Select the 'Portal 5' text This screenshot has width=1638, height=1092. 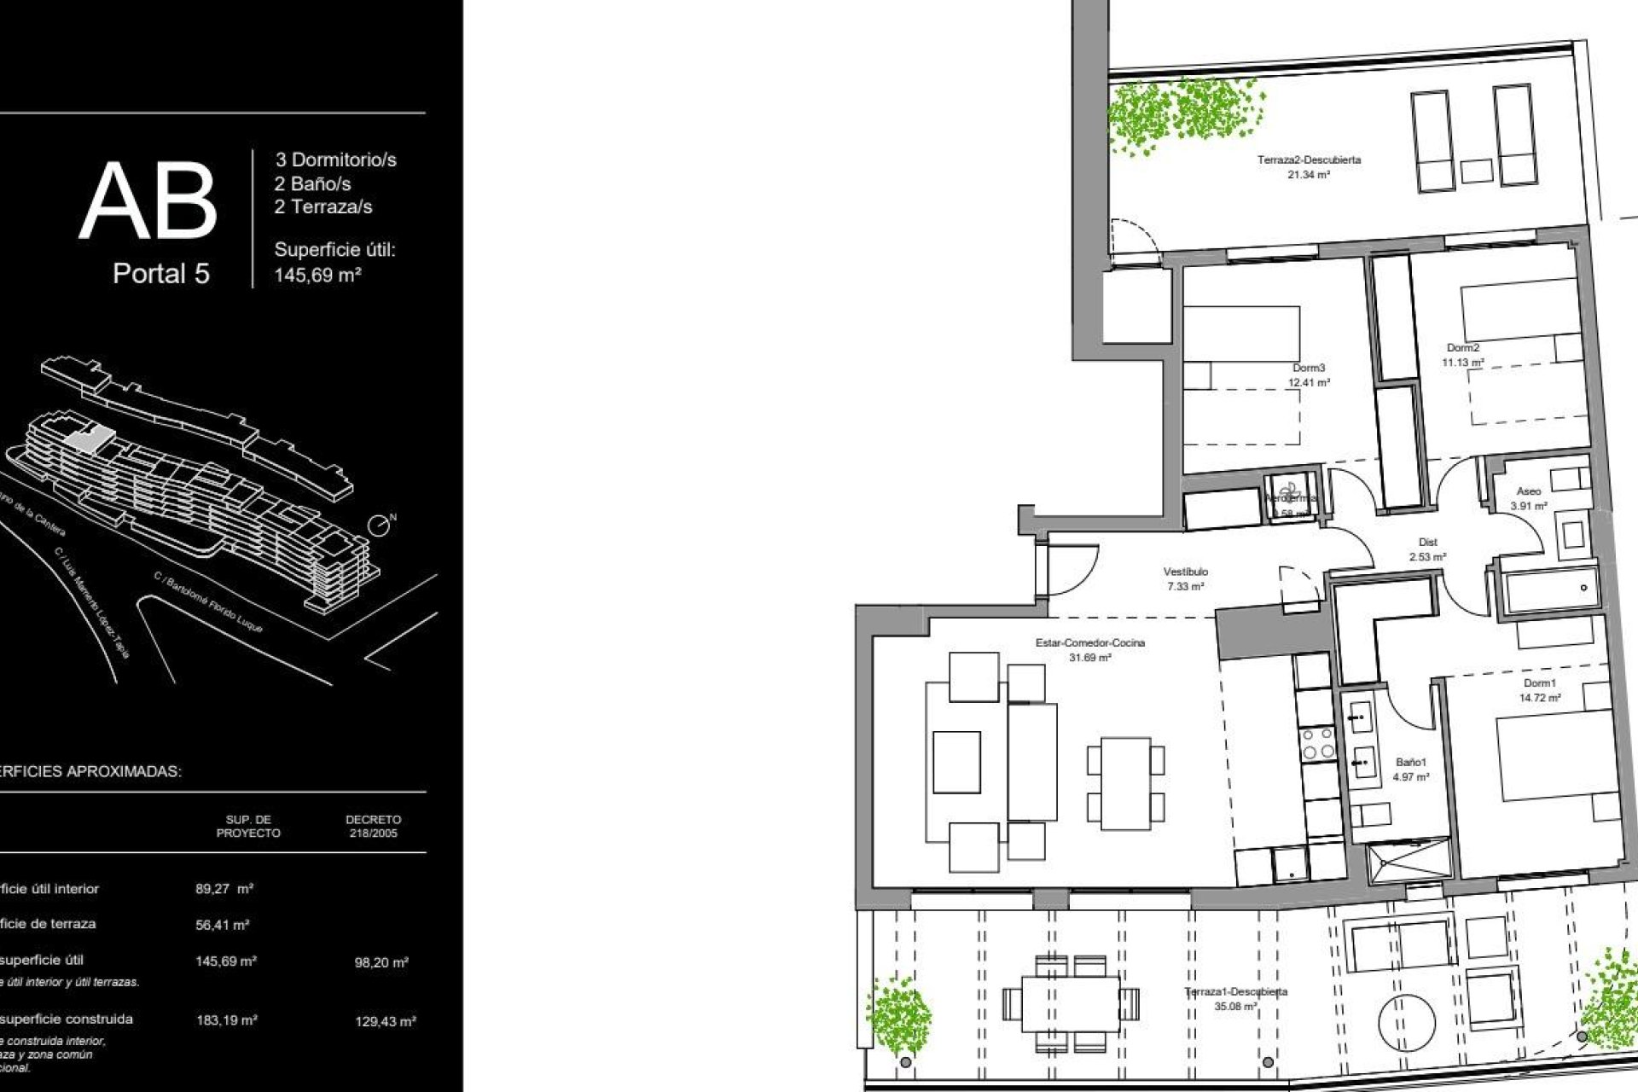click(x=161, y=274)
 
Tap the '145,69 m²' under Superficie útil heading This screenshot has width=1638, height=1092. click(x=317, y=276)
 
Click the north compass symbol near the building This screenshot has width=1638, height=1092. click(x=380, y=526)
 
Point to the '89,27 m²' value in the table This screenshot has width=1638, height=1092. click(x=224, y=889)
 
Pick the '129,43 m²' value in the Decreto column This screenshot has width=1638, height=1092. click(x=386, y=1021)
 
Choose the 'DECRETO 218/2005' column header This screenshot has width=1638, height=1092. click(x=373, y=826)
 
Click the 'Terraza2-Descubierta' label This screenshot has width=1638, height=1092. click(x=1309, y=160)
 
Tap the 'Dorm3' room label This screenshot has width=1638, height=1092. click(x=1308, y=369)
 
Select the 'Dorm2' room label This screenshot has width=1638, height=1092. click(x=1463, y=348)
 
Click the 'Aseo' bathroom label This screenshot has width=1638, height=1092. click(x=1528, y=491)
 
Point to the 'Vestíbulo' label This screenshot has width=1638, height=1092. click(x=1185, y=572)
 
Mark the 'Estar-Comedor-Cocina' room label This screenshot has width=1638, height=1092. click(x=1089, y=643)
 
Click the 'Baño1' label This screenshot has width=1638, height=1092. click(x=1411, y=763)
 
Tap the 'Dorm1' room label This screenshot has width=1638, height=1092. click(x=1540, y=683)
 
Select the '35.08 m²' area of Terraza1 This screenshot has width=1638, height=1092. click(x=1235, y=1007)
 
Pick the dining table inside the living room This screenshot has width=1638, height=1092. click(x=1125, y=783)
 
